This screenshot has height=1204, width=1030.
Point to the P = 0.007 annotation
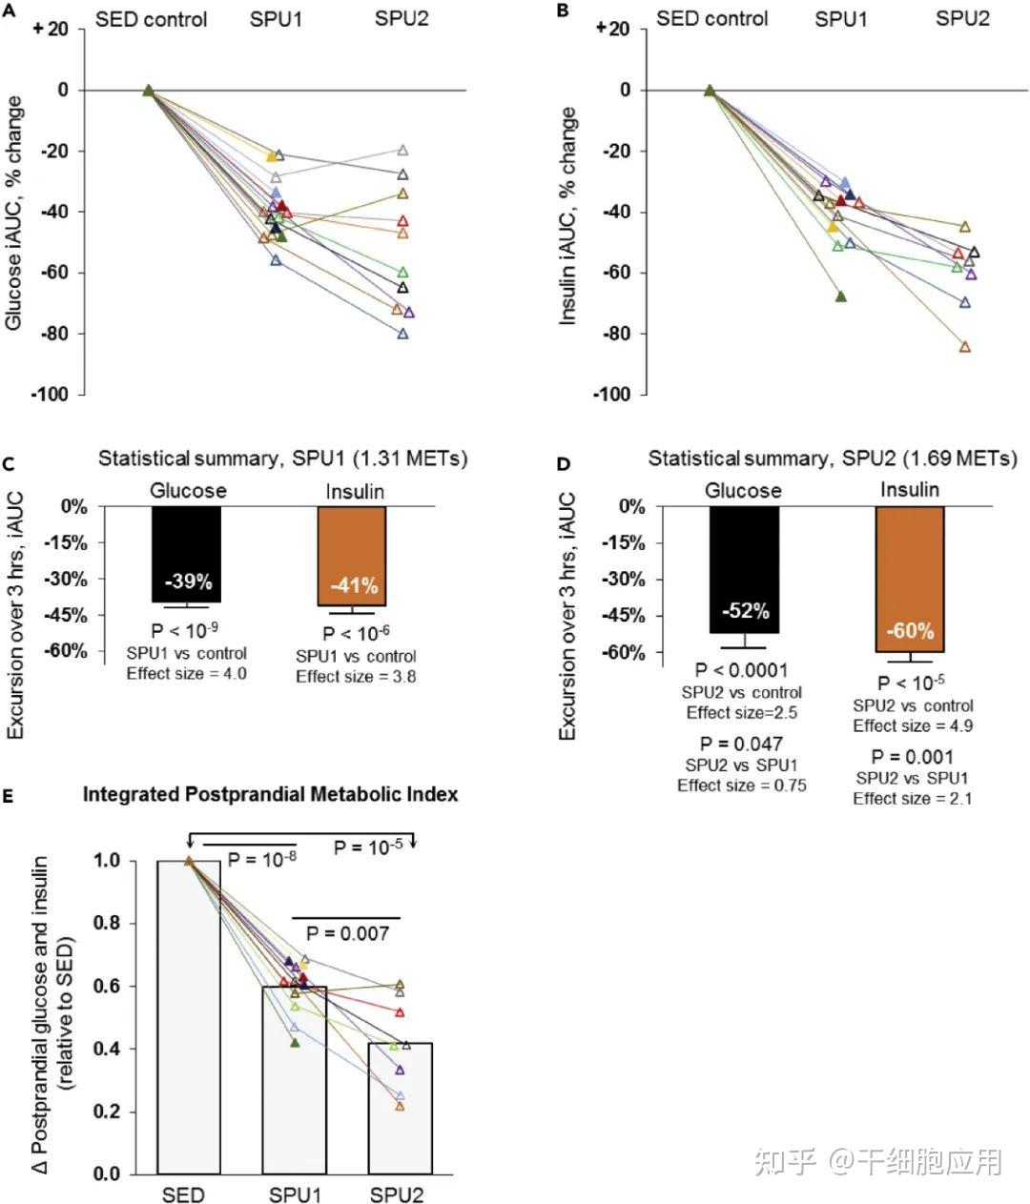click(x=347, y=933)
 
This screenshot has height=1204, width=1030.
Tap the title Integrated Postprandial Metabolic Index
click(x=270, y=794)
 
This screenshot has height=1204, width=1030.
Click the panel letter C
click(x=8, y=465)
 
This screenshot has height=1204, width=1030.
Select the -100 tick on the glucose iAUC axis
click(x=51, y=395)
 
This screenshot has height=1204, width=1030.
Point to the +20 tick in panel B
click(x=611, y=29)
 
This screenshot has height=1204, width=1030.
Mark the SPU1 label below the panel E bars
click(x=296, y=1194)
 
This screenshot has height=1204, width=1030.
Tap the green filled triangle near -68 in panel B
click(x=840, y=296)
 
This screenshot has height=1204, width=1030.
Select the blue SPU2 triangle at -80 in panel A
click(x=402, y=334)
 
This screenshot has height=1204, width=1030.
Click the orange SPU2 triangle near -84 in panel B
click(x=964, y=347)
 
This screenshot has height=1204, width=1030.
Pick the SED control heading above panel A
click(x=152, y=19)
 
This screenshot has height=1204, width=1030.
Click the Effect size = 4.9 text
click(x=913, y=725)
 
